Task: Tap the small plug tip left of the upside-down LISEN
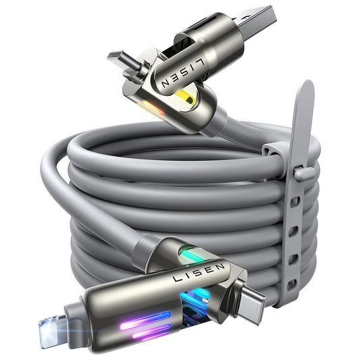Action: click(x=119, y=57)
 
